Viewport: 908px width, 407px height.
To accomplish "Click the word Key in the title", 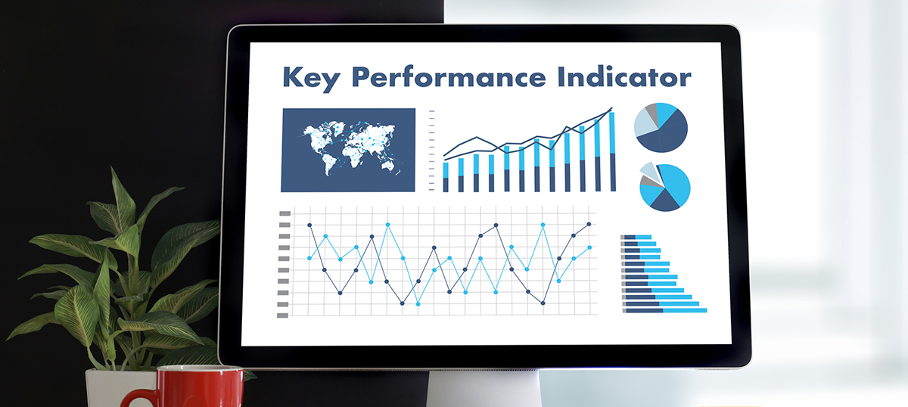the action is click(311, 79).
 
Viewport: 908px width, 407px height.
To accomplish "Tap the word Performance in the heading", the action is click(449, 76).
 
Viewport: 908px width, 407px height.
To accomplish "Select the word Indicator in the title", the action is click(624, 76).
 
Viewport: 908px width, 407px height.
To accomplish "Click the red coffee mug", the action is click(191, 387).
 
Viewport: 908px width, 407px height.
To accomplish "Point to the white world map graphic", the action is click(349, 148).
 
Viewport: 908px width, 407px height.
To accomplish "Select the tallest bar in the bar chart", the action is click(612, 151).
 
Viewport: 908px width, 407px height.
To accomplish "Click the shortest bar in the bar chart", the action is click(446, 177).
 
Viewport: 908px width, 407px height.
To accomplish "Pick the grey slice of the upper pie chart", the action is click(651, 110).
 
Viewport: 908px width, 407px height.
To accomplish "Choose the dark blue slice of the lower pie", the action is click(665, 200).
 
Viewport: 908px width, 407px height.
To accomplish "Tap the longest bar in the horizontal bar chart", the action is click(665, 310).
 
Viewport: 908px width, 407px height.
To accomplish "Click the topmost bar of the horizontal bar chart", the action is click(636, 237).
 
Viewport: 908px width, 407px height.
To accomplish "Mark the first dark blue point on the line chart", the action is click(309, 225).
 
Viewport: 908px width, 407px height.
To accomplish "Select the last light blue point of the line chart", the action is click(589, 247).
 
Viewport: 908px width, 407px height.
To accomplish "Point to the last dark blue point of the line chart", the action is click(589, 224).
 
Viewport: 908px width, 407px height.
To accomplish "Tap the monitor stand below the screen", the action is click(484, 388).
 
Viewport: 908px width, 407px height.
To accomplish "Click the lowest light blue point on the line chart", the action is click(418, 303).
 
